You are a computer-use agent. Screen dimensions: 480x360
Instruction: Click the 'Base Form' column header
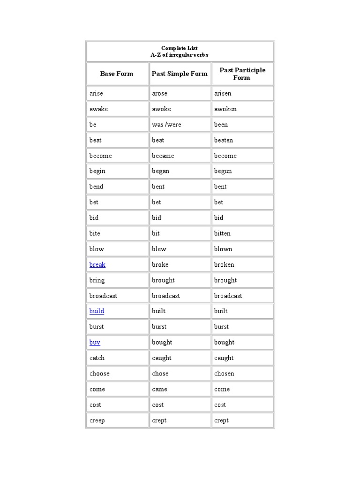coord(116,74)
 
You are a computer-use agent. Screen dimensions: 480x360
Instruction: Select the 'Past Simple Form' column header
coord(180,74)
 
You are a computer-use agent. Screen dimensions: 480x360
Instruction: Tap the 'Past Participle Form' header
coord(242,74)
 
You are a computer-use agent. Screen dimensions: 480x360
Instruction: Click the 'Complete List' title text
coord(180,48)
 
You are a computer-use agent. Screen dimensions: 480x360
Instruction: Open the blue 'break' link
coord(97,264)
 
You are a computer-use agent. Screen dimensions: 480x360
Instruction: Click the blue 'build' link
coord(97,311)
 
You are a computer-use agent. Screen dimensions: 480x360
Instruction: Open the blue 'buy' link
coord(95,342)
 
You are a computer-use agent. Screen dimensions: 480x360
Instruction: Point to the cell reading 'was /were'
coord(166,124)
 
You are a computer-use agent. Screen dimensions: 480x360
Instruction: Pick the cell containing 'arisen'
coord(223,93)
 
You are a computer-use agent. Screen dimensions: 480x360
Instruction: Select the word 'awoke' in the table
coord(161,109)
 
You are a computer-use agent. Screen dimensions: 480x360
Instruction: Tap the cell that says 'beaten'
coord(224,140)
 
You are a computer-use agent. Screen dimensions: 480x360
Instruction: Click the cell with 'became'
coord(163,156)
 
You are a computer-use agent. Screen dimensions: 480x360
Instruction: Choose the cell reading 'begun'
coord(223,171)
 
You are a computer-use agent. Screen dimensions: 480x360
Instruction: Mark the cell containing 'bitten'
coord(222,233)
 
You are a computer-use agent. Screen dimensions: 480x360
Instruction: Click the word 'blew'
coord(159,249)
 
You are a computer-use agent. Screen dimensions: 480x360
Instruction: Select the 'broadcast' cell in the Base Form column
coord(103,296)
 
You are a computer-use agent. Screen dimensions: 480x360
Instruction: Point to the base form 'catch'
coord(97,358)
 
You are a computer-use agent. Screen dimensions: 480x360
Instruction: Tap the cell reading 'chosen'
coord(224,374)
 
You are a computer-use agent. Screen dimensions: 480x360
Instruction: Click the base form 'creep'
coord(97,420)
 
